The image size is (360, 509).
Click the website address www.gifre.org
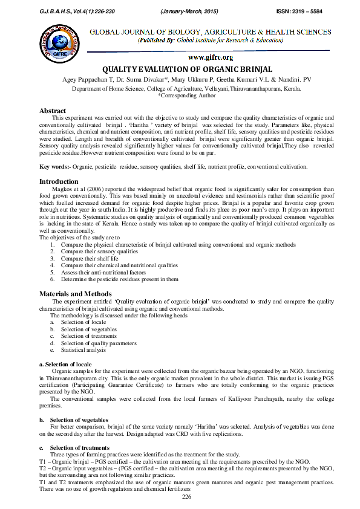pyautogui.click(x=211, y=57)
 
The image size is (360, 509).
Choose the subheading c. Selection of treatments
pyautogui.click(x=79, y=447)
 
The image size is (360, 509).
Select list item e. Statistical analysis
pyautogui.click(x=74, y=350)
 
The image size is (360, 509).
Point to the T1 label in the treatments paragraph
pyautogui.click(x=43, y=461)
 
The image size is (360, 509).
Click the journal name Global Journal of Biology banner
pyautogui.click(x=210, y=31)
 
